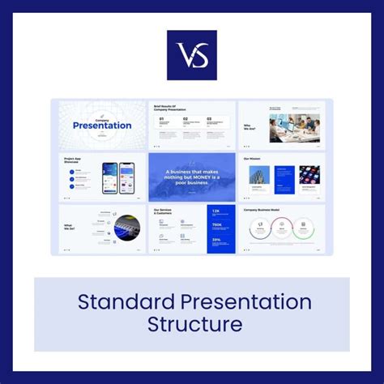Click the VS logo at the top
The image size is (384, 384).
tap(192, 55)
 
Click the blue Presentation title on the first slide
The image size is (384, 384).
tap(102, 125)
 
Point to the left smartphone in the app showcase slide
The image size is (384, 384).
tap(110, 177)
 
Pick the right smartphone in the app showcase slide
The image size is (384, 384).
tap(127, 177)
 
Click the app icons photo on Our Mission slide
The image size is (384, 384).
tap(309, 175)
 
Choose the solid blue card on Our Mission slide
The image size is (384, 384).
tap(284, 179)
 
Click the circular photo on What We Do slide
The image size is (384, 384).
tap(126, 228)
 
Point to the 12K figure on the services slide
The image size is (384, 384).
tap(216, 211)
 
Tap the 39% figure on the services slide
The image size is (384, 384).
tap(216, 239)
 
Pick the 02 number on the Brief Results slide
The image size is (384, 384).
tap(186, 119)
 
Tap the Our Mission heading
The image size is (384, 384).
tap(253, 159)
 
